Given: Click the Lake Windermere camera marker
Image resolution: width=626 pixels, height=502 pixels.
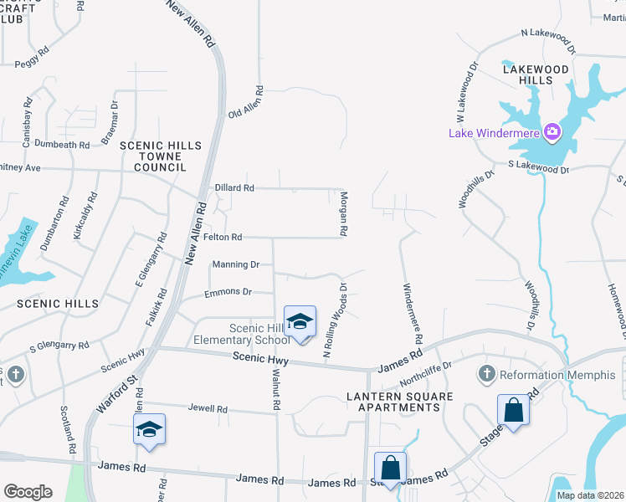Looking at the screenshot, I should point(552,131).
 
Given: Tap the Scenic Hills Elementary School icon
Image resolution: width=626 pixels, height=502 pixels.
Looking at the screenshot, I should point(300,321).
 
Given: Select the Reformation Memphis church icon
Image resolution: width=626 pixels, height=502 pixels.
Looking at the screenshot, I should point(487,373).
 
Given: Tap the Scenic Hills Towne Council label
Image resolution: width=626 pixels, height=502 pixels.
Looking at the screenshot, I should point(161,156).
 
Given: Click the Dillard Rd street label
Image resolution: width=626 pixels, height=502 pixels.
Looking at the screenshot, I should point(234,188).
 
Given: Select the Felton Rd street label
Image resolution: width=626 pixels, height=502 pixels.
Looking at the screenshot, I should point(222,238).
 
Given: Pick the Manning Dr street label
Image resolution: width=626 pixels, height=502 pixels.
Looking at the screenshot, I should point(236,264).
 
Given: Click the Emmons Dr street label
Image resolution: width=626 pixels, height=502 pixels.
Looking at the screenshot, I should point(228,292).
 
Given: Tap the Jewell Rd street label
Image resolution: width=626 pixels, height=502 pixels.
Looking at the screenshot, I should point(209,409).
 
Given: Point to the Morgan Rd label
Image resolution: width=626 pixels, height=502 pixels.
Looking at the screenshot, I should point(343,212).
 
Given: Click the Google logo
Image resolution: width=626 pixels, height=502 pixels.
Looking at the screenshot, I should point(28,491).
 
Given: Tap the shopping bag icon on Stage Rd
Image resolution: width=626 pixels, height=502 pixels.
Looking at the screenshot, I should point(513,411).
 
